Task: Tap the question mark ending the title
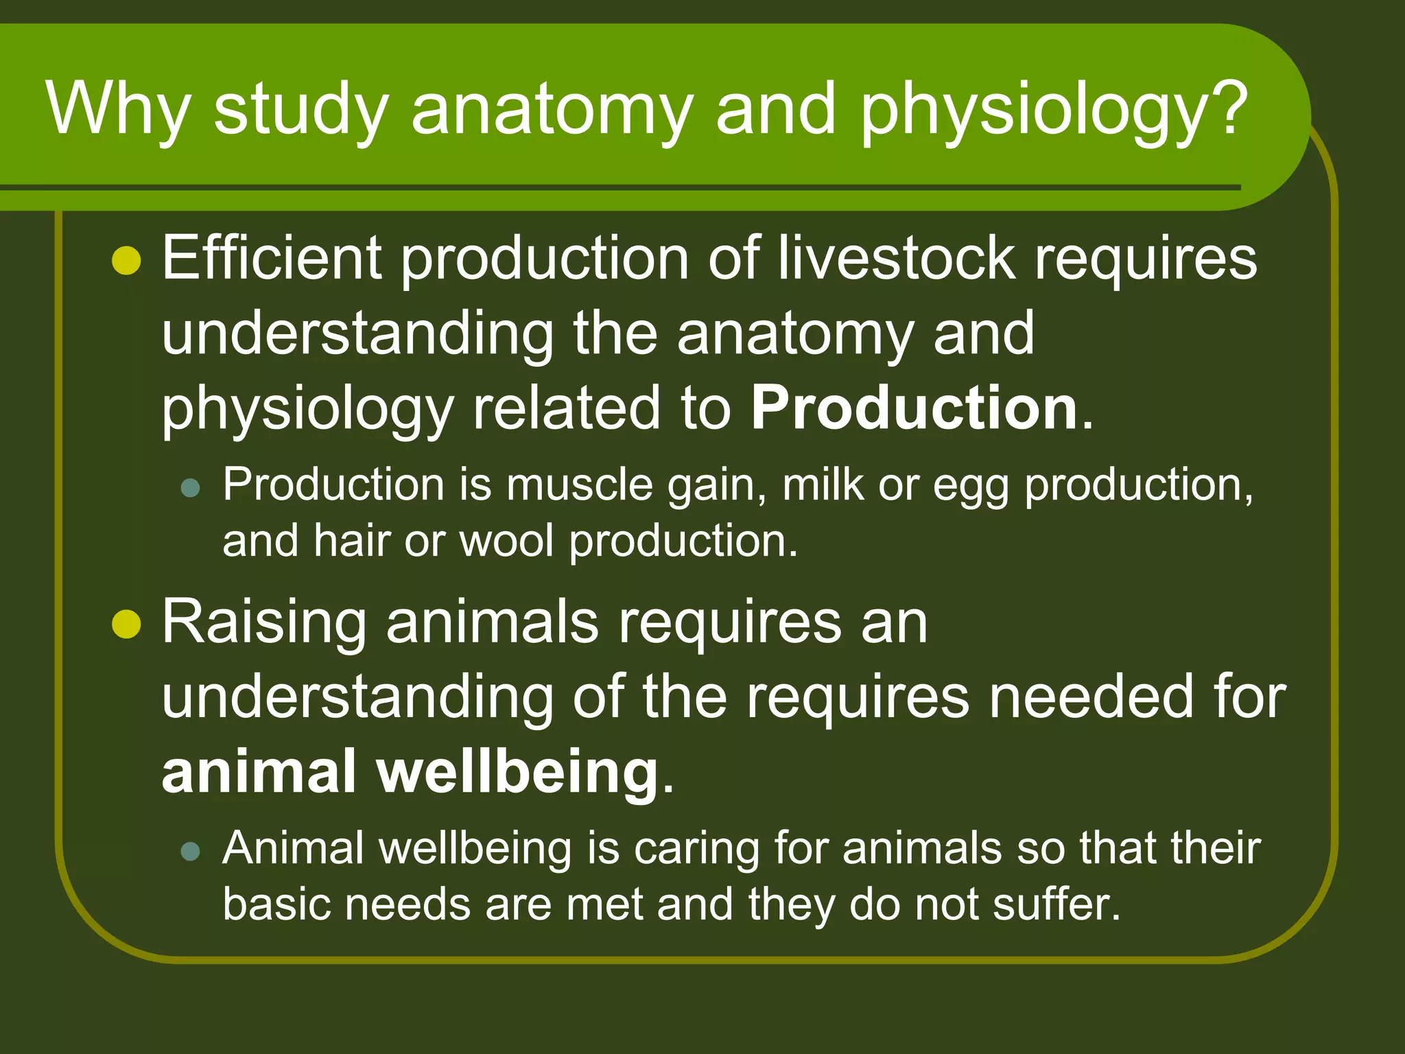[x=1225, y=108]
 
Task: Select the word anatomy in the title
[x=551, y=110]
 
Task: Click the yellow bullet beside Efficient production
[x=126, y=261]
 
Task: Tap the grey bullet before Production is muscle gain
[x=190, y=488]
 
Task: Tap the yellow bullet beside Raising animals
[x=126, y=624]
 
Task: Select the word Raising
[x=263, y=623]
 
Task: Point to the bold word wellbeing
[x=518, y=772]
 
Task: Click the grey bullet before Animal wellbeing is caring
[x=190, y=852]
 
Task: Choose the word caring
[x=696, y=850]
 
